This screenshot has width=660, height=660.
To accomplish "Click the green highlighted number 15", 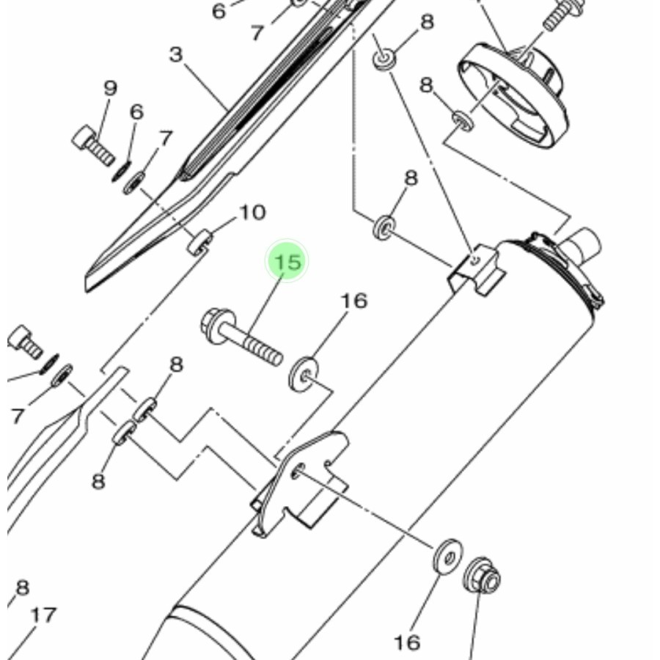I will [286, 262].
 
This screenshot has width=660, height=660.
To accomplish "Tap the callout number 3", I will [175, 55].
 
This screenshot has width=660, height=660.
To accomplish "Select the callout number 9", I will [110, 89].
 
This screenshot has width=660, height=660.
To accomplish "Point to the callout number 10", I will [252, 213].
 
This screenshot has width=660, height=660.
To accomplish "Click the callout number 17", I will [43, 615].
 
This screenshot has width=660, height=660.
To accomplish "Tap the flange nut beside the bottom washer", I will [483, 577].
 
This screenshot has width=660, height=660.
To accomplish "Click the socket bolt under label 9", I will [92, 145].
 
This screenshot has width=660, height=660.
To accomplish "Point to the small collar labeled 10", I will [199, 241].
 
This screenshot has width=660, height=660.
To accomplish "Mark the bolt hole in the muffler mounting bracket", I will [298, 469].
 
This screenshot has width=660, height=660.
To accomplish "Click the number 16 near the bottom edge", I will [407, 643].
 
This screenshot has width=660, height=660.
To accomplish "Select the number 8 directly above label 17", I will [22, 587].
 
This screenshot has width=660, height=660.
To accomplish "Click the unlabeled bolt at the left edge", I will [24, 341].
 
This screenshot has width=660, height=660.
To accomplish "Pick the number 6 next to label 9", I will [136, 112].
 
